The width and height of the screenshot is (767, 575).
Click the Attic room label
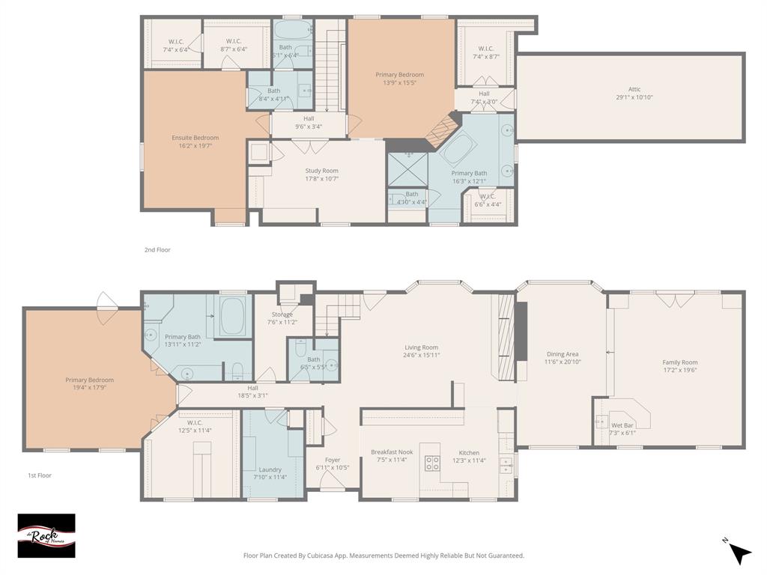point(628,90)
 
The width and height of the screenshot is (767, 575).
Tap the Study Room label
point(321,171)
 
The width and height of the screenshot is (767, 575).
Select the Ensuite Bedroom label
point(195,138)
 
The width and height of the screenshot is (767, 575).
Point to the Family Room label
point(679,362)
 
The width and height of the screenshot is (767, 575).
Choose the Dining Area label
point(563,354)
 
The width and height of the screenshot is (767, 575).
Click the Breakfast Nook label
point(391,452)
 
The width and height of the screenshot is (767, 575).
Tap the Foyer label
point(333,460)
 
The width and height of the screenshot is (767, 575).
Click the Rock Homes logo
point(46,535)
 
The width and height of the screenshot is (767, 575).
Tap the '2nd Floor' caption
point(157,249)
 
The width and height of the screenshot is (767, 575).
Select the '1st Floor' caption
point(40,475)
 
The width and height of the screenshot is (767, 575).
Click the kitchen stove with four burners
point(432,463)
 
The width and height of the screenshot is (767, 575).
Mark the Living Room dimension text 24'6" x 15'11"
point(421,356)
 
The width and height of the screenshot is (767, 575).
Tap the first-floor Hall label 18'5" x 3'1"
point(252,395)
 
